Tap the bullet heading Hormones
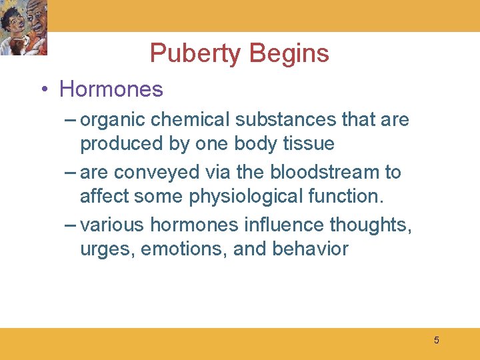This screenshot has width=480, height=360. pos(111,89)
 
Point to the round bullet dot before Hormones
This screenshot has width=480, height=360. pos(43,89)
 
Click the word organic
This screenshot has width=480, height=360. pos(113,120)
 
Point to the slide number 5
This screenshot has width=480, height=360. pos(437,341)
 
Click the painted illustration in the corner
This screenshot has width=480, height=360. pos(24,28)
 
